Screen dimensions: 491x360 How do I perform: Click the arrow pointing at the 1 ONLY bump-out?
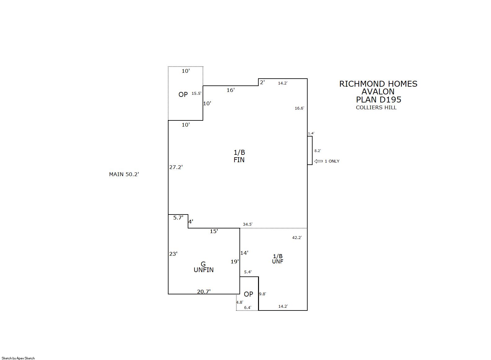click(318, 161)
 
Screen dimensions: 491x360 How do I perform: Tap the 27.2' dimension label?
click(176, 167)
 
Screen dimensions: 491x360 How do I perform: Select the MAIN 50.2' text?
click(124, 174)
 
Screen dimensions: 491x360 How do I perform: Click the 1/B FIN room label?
click(239, 156)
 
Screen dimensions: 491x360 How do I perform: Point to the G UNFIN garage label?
click(204, 267)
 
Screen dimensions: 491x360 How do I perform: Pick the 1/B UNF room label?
click(278, 259)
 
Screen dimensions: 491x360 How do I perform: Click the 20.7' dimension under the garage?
click(204, 292)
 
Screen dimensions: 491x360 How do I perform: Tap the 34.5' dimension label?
click(248, 224)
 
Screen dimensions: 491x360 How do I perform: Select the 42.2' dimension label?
click(297, 238)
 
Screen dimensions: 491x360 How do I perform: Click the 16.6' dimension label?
click(300, 108)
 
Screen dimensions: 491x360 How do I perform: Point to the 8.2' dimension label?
click(318, 151)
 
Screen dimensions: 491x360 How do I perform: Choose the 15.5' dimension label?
click(196, 93)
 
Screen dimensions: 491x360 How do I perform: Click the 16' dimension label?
click(230, 90)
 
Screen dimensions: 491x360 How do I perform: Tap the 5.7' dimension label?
click(178, 217)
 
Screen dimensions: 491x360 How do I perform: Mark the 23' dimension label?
click(173, 254)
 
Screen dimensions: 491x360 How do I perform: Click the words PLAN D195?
click(379, 100)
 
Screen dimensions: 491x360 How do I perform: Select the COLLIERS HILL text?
click(376, 107)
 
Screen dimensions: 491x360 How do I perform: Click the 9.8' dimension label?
click(262, 294)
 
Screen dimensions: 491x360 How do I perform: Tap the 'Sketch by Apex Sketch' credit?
click(18, 358)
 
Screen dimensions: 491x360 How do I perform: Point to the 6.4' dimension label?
click(248, 308)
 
